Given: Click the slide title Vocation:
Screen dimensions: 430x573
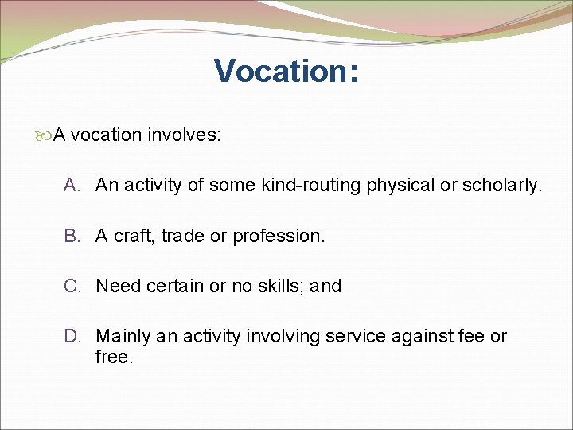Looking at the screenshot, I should pos(286,71).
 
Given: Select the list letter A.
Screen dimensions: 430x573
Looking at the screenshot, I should pos(72,186).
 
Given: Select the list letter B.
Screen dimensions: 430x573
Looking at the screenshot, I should pos(72,236).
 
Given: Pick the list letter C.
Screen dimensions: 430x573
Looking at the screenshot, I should pos(72,286).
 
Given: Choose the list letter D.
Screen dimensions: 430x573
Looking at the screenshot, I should pos(72,336).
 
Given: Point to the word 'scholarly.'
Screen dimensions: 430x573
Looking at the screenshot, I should pos(502,186).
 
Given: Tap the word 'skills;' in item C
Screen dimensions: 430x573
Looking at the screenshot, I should pos(279,286).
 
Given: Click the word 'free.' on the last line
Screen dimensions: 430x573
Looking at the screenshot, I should pos(114,357).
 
